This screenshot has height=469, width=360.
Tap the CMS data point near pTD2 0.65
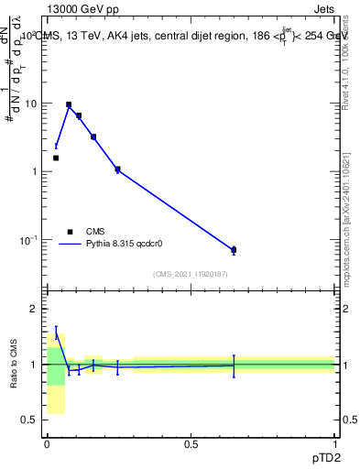coord(234,250)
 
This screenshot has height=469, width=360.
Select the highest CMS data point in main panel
coord(69,105)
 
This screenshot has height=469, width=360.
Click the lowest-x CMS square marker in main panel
coord(56,158)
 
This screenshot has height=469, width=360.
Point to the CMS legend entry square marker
coord(69,232)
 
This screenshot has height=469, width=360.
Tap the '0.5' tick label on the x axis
coord(191,444)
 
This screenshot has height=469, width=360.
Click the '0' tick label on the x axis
coord(47,444)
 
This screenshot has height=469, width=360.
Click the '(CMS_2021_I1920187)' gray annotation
coord(191,274)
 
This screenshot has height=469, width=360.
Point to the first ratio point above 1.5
coord(56,334)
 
